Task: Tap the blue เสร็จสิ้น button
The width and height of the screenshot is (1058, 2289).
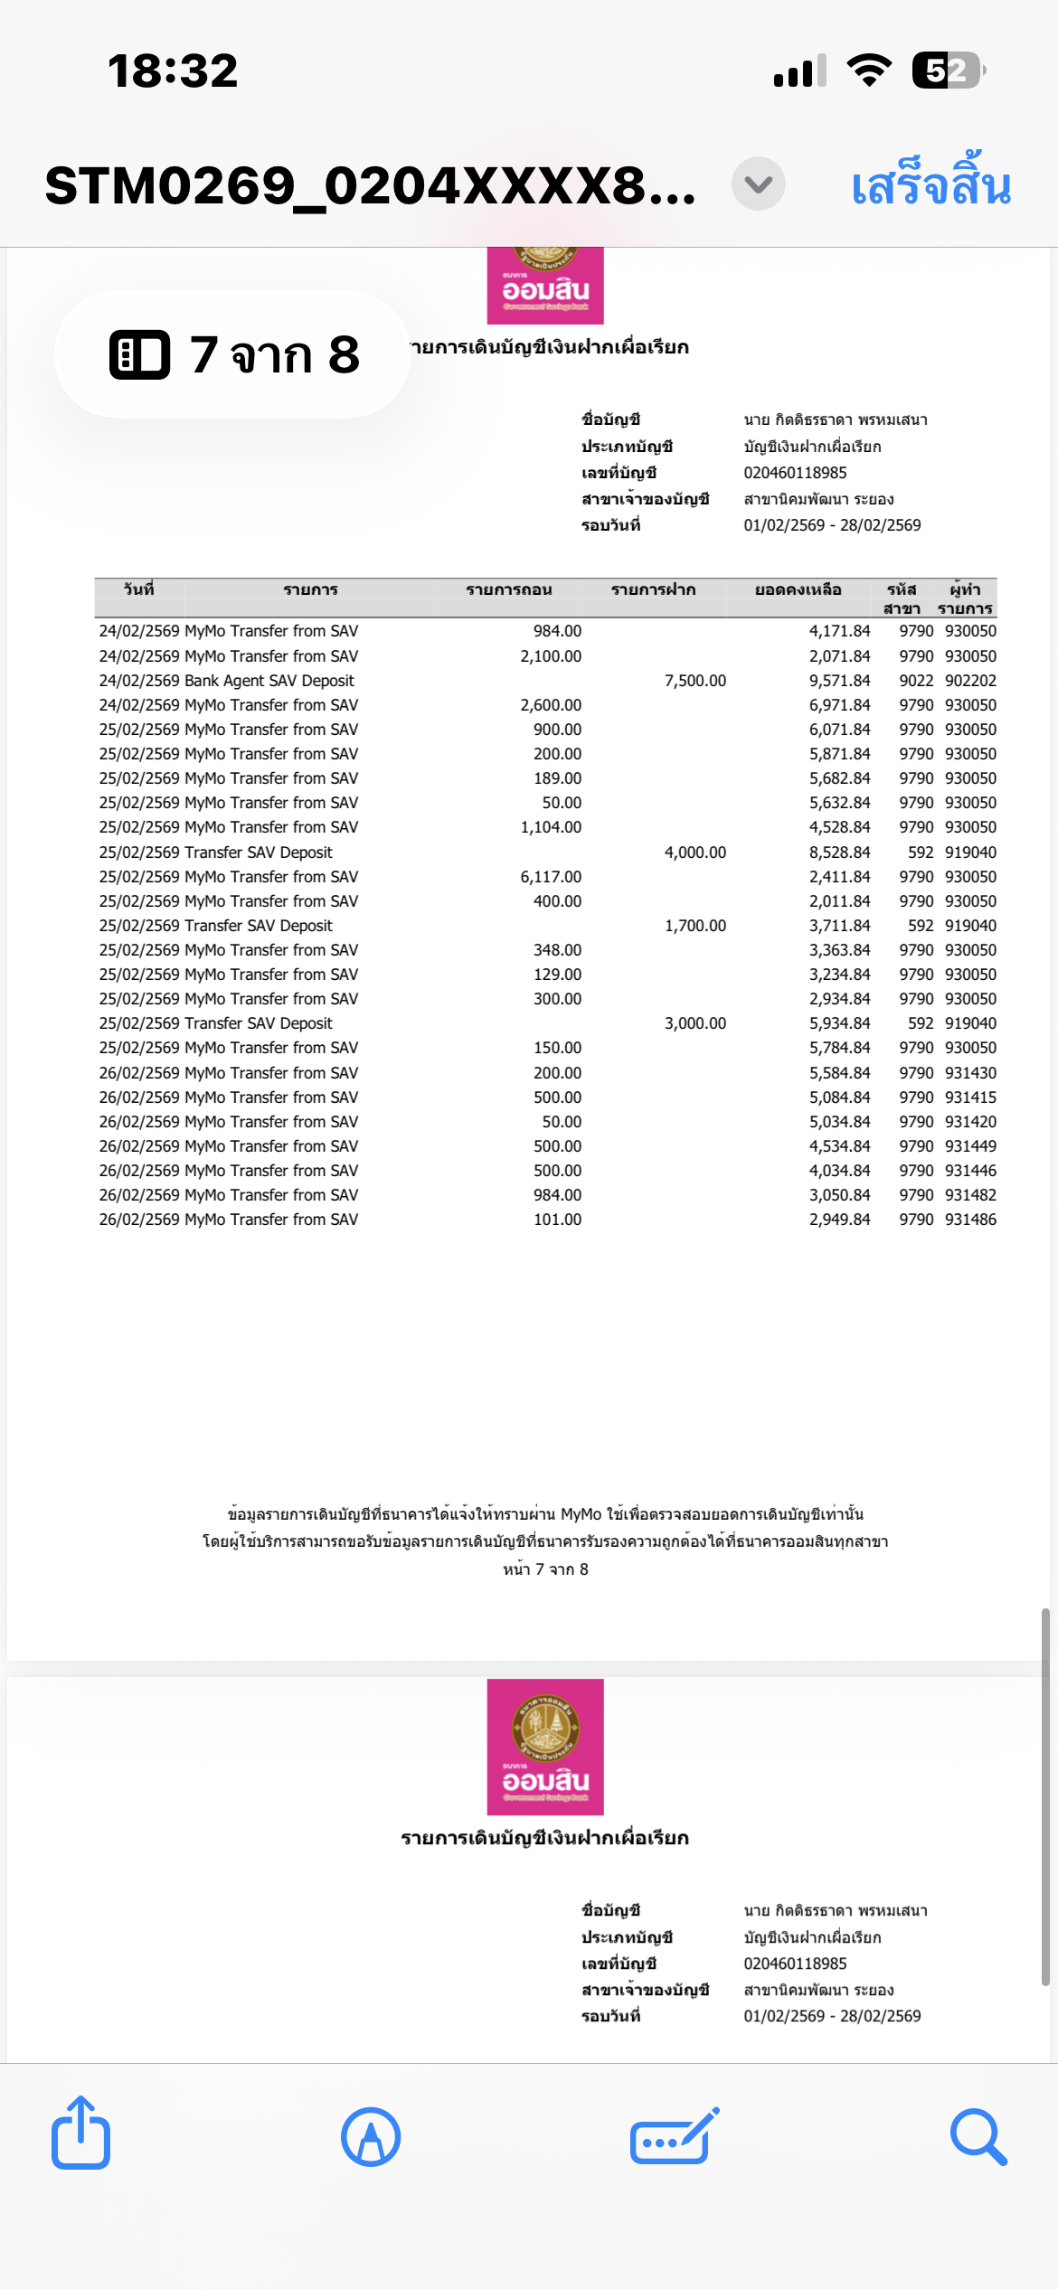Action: click(x=930, y=185)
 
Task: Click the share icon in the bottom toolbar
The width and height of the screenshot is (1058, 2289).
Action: click(x=80, y=2134)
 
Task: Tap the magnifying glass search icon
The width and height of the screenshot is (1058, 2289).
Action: click(x=978, y=2136)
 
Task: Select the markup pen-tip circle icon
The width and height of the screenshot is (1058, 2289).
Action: click(x=371, y=2136)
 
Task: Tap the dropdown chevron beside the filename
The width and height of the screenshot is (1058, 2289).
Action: click(x=758, y=184)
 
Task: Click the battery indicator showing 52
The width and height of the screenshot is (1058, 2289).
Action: click(x=947, y=71)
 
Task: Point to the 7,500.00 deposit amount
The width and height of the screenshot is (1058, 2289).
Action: click(x=694, y=681)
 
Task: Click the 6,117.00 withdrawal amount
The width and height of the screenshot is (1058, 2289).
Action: click(x=551, y=877)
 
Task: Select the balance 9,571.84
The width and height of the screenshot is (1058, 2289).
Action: click(x=839, y=681)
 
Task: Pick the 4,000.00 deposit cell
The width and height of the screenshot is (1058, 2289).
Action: click(x=694, y=852)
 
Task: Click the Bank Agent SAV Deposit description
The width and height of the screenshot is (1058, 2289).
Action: click(x=269, y=681)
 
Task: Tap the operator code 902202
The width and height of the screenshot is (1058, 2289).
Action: click(x=970, y=681)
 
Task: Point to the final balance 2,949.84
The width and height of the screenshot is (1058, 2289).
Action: click(x=839, y=1220)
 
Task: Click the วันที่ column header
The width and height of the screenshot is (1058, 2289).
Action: click(x=138, y=589)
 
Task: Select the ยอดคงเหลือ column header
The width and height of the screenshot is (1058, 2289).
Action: click(x=798, y=589)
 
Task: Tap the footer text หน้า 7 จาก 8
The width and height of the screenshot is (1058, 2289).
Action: click(x=545, y=1569)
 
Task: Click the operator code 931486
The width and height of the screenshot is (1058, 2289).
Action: click(x=970, y=1220)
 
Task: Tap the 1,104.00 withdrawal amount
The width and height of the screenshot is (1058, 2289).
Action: click(x=551, y=827)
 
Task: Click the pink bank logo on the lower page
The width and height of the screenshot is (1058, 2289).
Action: click(x=545, y=1747)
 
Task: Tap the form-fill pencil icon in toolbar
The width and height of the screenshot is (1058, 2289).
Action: click(x=674, y=2136)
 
